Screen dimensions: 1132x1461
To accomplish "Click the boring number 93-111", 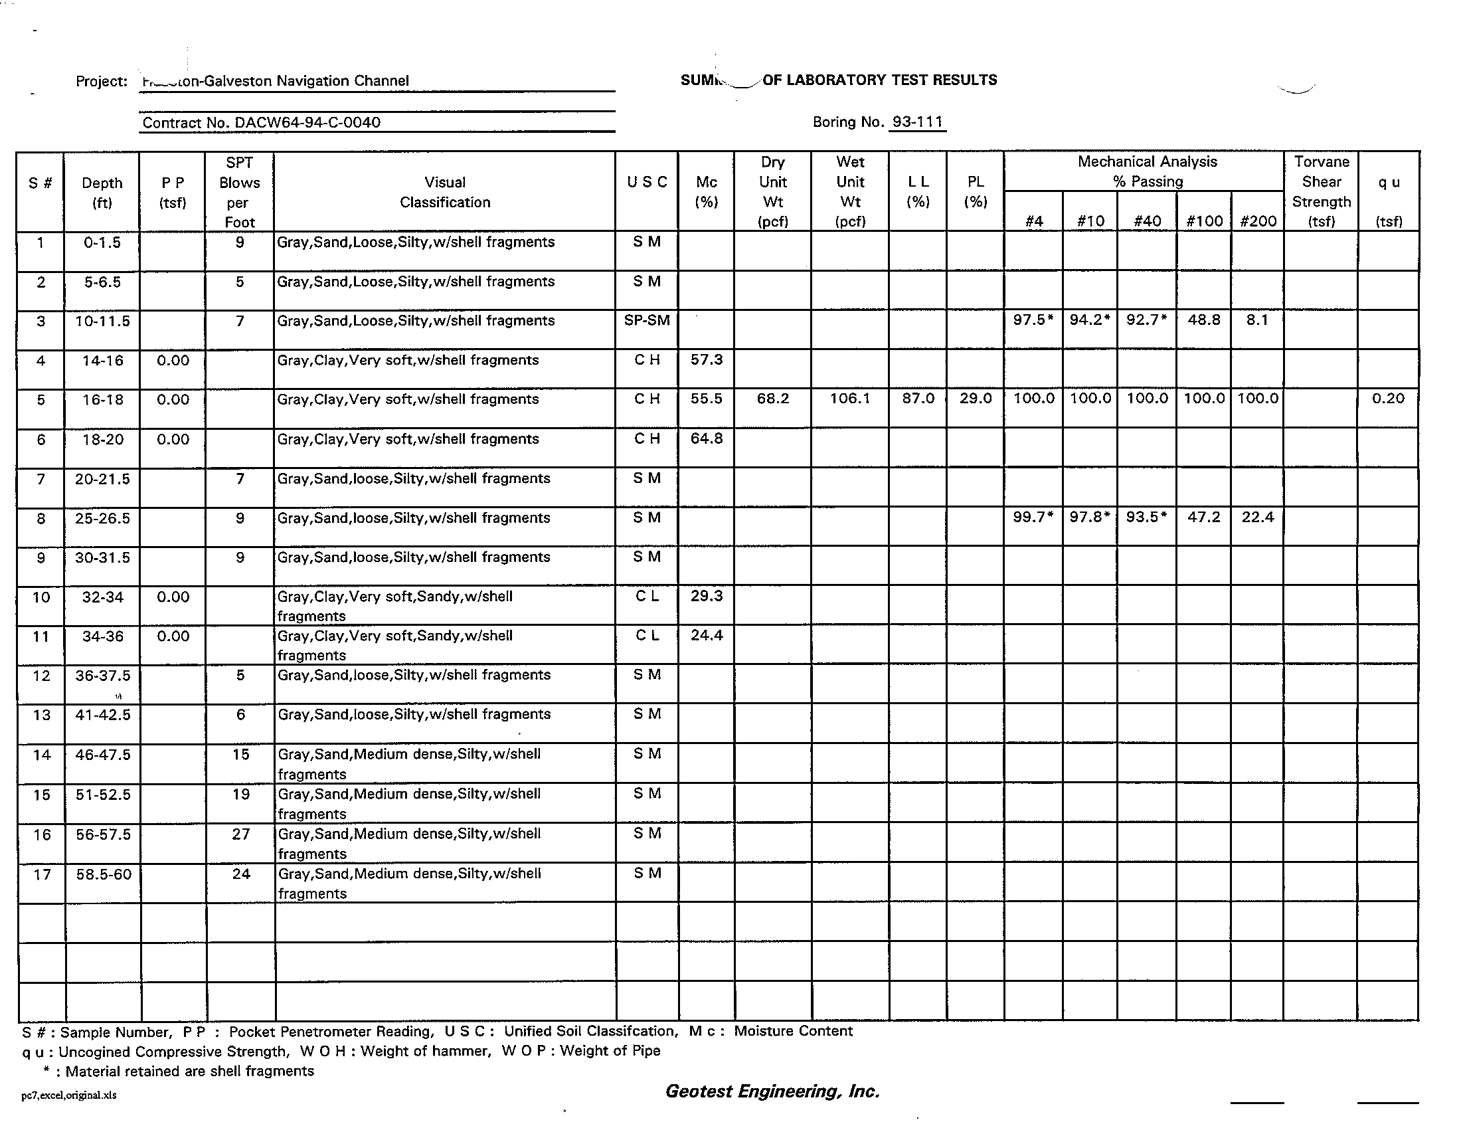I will coord(917,122).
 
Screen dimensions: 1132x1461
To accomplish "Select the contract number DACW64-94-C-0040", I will coord(262,122).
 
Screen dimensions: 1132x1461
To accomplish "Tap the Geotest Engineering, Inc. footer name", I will coord(772,1091).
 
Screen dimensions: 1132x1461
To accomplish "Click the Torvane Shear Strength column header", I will coord(1321,191).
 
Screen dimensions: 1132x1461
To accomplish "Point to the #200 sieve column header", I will coord(1258,221).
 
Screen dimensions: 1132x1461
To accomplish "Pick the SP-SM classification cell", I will coord(647,320).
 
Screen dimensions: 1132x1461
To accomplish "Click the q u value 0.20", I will coord(1388,399).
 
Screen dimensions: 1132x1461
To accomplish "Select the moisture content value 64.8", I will coord(707,439).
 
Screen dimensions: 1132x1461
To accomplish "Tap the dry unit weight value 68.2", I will coord(772,399).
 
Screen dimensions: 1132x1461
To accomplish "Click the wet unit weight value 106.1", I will coord(850,399).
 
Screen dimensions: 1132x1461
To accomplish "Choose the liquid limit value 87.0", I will coord(918,399).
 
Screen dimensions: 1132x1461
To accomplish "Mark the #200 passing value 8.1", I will coord(1258,320).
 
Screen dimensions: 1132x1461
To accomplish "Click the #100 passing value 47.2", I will coord(1204,517).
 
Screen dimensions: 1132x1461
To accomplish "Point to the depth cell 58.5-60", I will coord(103,874).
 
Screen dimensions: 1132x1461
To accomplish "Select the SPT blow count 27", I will coord(241,834).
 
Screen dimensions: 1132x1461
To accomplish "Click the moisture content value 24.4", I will coord(707,636).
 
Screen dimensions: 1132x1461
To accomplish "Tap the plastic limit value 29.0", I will coord(976,399).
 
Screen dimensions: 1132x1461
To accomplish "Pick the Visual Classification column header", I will coord(445,192).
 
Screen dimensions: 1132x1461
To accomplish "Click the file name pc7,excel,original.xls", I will coord(69,1095).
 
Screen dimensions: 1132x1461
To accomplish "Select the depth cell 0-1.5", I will coord(102,242).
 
